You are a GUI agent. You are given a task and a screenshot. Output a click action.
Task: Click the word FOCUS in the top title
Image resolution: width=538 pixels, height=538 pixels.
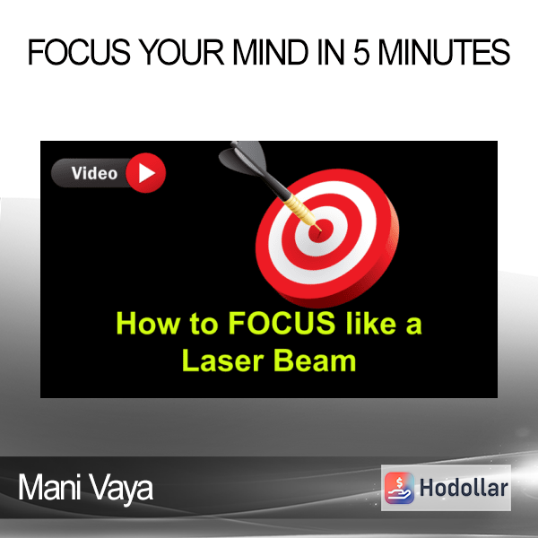click(79, 52)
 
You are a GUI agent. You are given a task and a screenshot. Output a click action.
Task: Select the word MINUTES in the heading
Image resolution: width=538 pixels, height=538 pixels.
click(444, 52)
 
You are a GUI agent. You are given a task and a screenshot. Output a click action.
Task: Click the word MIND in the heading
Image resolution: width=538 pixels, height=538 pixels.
click(271, 52)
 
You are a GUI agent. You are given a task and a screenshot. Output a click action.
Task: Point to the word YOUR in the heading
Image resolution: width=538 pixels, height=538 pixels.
click(183, 52)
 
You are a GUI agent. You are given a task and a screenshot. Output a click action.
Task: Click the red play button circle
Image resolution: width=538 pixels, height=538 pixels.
click(146, 172)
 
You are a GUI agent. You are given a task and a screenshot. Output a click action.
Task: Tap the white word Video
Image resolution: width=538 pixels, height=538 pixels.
click(94, 173)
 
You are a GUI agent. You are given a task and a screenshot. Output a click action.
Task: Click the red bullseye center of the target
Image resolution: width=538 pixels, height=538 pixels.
click(321, 230)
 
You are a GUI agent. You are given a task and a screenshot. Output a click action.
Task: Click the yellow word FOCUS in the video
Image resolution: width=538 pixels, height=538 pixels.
click(282, 323)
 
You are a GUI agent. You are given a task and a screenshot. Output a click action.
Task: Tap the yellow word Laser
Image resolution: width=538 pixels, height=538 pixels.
click(222, 360)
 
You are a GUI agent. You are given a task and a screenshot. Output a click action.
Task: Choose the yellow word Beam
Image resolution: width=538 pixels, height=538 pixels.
click(315, 360)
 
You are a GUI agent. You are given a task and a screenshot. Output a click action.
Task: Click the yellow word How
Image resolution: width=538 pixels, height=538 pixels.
click(148, 323)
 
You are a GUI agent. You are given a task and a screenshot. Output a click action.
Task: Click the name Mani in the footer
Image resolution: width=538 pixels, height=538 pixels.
click(49, 488)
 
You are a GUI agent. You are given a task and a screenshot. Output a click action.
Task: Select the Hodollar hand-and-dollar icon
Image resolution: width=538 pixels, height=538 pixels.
click(399, 488)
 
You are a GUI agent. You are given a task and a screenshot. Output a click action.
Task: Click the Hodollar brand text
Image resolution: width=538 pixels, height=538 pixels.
click(464, 488)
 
